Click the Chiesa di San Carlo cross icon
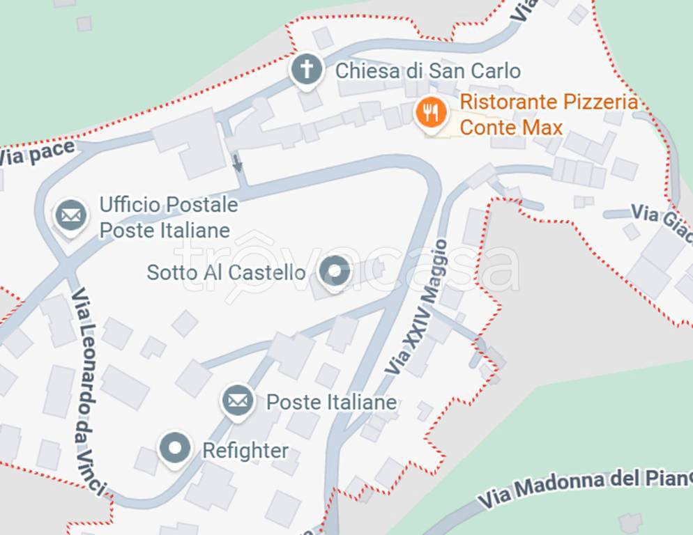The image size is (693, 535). [x=307, y=70]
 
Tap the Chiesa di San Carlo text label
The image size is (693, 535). [x=427, y=70]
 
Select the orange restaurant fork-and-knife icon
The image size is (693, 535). [x=431, y=112]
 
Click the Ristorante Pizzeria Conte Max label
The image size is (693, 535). [x=548, y=115]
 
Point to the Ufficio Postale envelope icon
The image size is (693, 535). [x=71, y=215]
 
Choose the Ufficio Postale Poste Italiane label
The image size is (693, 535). [x=168, y=217]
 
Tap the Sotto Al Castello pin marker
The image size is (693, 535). [x=335, y=271]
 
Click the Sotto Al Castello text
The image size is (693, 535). [x=226, y=272]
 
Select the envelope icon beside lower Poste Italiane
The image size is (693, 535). [x=238, y=401]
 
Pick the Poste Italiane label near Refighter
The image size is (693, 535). [x=331, y=402]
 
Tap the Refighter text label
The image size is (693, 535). [x=245, y=451]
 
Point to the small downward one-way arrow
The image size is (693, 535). [x=238, y=163]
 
